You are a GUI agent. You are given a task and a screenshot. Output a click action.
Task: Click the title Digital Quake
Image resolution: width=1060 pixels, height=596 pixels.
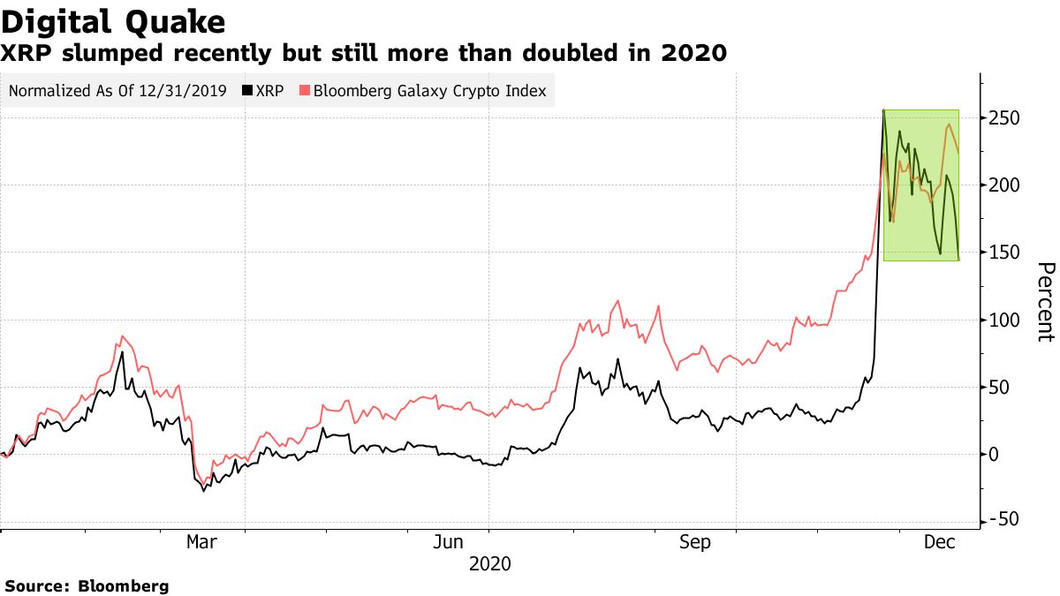click(x=112, y=21)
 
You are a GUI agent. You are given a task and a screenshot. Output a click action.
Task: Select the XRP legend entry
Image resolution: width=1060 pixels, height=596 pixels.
click(x=265, y=90)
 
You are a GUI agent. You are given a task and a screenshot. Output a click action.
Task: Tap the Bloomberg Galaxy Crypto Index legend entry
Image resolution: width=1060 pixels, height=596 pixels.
click(x=423, y=90)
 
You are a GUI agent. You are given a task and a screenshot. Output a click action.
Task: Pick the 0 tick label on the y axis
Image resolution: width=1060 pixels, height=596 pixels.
click(x=996, y=454)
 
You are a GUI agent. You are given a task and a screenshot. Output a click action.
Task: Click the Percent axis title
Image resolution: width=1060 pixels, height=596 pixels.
click(x=1045, y=301)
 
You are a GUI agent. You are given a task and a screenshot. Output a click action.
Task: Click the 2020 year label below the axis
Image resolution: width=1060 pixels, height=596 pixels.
click(x=489, y=563)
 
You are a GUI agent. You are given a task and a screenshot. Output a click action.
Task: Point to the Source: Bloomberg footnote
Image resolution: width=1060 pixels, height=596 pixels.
click(x=87, y=585)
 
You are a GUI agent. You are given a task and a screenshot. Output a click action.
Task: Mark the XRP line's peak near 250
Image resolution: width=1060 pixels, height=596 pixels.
click(x=884, y=111)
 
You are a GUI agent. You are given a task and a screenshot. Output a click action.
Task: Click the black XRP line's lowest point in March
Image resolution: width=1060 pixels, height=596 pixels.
click(x=204, y=490)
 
